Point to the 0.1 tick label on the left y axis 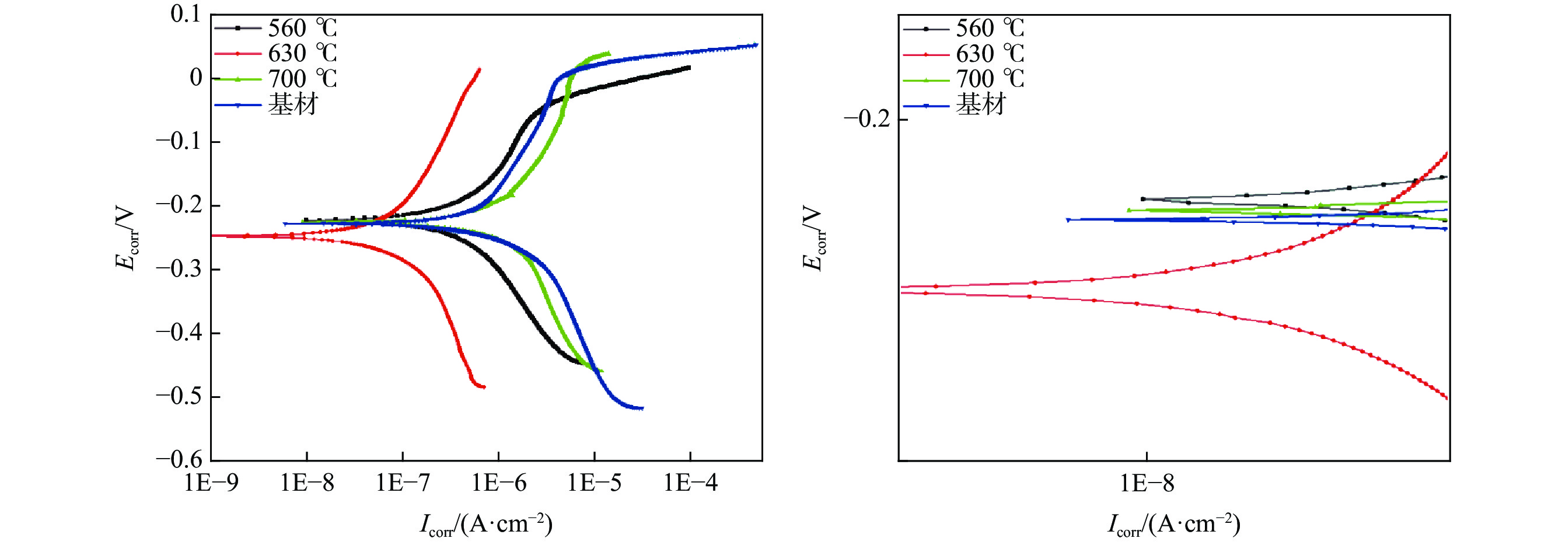pos(186,14)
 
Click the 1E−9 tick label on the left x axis pos(211,483)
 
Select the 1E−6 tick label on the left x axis pos(498,483)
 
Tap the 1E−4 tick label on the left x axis pos(690,483)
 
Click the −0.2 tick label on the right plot pos(866,120)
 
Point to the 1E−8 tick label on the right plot pos(1146,483)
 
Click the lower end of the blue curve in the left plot pos(641,408)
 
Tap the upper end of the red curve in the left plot pos(480,69)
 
